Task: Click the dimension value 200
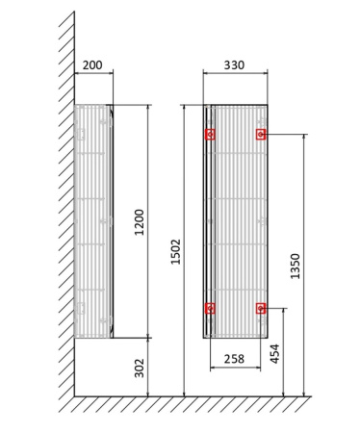pyautogui.click(x=92, y=65)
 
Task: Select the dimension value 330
pyautogui.click(x=234, y=65)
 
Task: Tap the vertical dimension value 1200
pyautogui.click(x=141, y=222)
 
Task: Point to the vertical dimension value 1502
pyautogui.click(x=177, y=252)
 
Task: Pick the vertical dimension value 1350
pyautogui.click(x=296, y=267)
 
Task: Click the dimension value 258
pyautogui.click(x=234, y=358)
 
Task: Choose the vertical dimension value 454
pyautogui.click(x=276, y=353)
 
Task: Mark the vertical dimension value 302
pyautogui.click(x=141, y=367)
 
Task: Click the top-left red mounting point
pyautogui.click(x=210, y=135)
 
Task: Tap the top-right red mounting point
pyautogui.click(x=260, y=135)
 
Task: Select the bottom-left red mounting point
pyautogui.click(x=210, y=308)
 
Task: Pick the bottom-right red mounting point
pyautogui.click(x=260, y=308)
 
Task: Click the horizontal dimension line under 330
pyautogui.click(x=235, y=74)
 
